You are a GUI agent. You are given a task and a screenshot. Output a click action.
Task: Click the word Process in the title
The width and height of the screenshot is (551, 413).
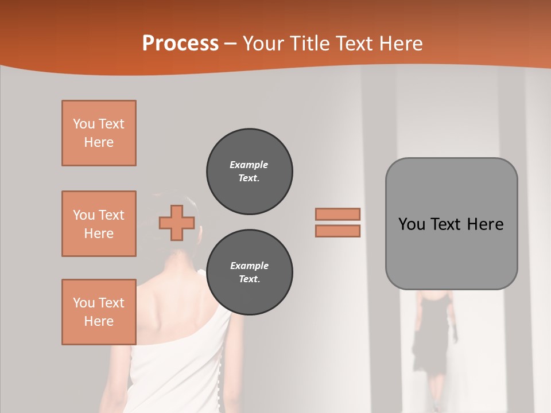click(180, 44)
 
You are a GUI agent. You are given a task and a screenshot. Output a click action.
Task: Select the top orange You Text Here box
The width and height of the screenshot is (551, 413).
click(99, 133)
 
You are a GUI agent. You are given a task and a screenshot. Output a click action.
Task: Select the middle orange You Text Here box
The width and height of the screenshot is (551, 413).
click(99, 224)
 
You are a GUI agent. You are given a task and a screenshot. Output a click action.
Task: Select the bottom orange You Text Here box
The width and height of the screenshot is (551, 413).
click(99, 312)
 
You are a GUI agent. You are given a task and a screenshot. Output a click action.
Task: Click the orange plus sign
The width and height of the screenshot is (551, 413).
click(176, 223)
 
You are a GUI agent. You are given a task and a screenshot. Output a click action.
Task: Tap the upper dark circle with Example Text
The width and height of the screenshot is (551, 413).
click(249, 172)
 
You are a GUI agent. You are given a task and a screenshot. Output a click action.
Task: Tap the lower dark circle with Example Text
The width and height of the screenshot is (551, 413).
click(249, 272)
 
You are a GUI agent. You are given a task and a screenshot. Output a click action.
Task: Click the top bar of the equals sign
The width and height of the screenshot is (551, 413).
click(337, 214)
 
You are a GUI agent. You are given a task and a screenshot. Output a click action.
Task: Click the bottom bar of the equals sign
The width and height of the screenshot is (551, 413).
click(337, 231)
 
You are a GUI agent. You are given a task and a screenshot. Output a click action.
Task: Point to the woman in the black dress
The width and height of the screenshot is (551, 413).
click(434, 333)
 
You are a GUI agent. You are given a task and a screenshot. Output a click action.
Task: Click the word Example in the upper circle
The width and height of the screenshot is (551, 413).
click(249, 165)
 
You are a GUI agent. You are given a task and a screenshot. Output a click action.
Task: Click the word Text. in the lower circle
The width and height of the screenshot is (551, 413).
click(249, 279)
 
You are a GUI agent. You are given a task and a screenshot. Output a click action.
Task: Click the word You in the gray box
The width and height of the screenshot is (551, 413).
click(412, 224)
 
